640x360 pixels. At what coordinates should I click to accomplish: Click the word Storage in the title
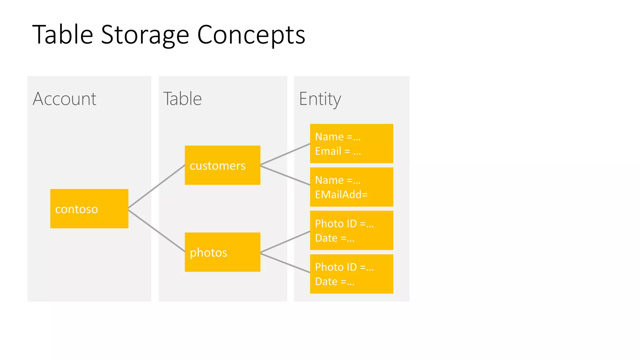coord(145,35)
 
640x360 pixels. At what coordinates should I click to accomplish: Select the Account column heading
coord(64,99)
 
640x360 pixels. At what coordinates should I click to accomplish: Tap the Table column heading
coord(182,99)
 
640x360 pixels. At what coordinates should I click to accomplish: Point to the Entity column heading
coord(320,99)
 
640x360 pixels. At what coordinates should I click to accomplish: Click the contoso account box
coord(89,208)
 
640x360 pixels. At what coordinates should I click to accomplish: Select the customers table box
coord(222,165)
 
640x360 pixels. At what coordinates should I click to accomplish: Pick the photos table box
coord(222,252)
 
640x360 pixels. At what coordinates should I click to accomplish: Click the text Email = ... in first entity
coord(338,151)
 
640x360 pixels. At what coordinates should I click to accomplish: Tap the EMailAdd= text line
coord(341,195)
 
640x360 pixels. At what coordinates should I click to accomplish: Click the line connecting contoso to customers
coord(156,187)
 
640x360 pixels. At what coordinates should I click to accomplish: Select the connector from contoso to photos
coord(156,231)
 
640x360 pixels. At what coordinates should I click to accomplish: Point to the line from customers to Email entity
coord(285,154)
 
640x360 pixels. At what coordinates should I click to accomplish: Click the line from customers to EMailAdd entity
coord(285,175)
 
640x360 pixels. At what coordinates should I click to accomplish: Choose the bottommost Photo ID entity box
coord(351,274)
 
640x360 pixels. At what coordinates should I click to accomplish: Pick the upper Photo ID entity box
coord(351,230)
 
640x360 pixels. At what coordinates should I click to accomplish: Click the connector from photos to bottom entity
coord(285,262)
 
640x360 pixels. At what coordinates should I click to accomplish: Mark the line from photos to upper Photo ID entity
coord(285,242)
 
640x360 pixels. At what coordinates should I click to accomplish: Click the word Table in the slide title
coord(62,35)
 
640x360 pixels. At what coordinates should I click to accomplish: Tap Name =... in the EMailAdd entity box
coord(337,180)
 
